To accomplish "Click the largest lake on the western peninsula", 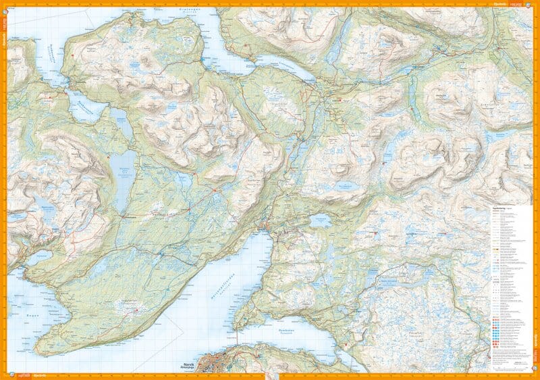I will (122, 179).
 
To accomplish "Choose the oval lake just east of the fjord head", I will (319, 220).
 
